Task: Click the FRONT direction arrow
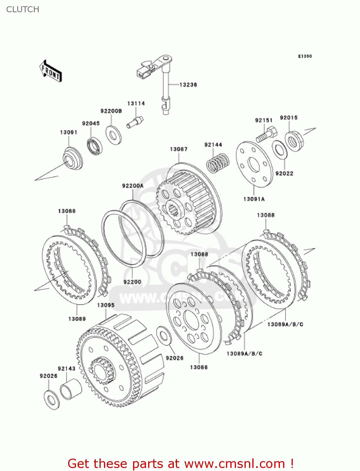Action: tap(50, 72)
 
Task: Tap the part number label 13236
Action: tap(188, 85)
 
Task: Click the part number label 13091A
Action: tap(254, 199)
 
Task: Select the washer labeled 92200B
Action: tap(113, 135)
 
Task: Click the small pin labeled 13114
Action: tap(135, 122)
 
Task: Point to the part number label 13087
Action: tap(179, 149)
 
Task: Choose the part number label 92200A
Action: tap(133, 186)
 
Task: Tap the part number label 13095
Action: tap(106, 305)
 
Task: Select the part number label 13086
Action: tap(199, 367)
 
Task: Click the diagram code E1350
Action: tap(305, 56)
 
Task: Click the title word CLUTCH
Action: tap(23, 9)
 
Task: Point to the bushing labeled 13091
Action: tap(73, 159)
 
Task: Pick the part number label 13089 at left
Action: tap(77, 319)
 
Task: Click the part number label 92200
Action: tap(132, 282)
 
